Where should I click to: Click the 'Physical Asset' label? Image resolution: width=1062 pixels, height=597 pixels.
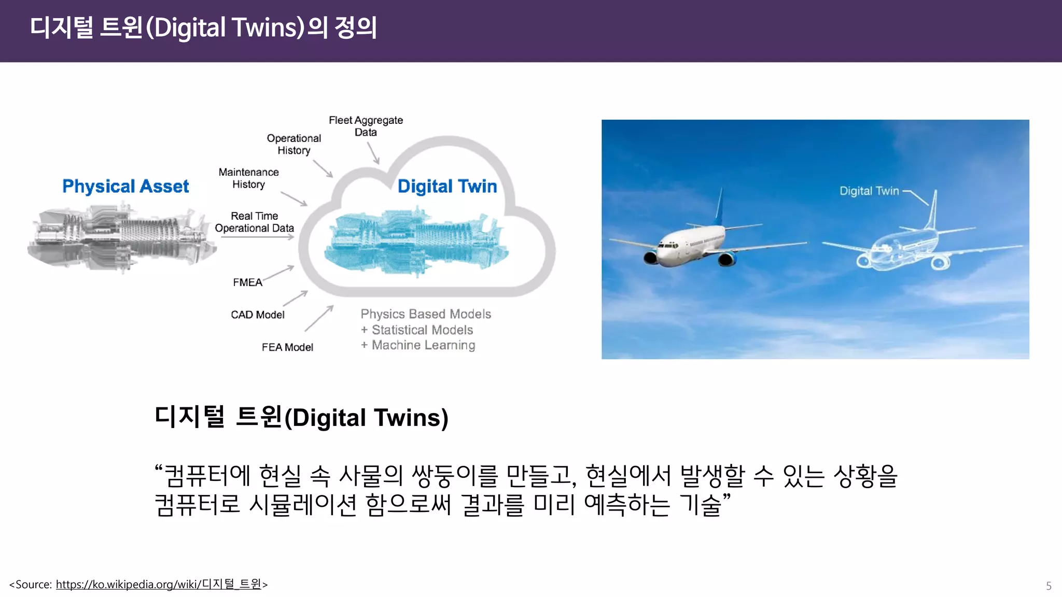tap(125, 186)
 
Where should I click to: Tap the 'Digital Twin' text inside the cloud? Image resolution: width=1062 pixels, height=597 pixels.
tap(447, 186)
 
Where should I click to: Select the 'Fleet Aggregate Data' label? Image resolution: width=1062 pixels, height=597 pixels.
tap(366, 126)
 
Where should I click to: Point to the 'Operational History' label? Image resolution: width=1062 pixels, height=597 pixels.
tap(294, 144)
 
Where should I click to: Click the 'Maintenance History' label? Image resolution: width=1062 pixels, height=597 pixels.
tap(248, 178)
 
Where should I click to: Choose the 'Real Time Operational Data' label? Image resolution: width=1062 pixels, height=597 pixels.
tap(254, 222)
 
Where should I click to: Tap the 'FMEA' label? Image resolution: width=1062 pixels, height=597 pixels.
tap(247, 282)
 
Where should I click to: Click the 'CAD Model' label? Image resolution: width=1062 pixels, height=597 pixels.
tap(258, 315)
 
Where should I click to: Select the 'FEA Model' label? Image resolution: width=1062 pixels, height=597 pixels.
tap(287, 347)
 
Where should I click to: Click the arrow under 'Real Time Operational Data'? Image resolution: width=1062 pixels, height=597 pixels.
tap(257, 237)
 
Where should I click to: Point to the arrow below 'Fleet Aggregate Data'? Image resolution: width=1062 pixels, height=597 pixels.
tap(373, 153)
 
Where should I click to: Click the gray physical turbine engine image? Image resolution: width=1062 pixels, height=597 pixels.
tap(122, 238)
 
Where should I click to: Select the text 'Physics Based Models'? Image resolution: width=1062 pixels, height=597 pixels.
tap(426, 314)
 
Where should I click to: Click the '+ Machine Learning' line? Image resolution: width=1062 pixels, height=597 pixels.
tap(418, 345)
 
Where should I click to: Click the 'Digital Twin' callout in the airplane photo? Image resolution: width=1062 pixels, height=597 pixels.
tap(869, 191)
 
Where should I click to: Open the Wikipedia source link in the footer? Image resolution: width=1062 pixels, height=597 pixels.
tap(158, 585)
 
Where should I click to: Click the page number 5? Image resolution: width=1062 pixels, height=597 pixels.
tap(1049, 586)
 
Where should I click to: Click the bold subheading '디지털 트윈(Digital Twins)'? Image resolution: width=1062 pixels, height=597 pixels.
tap(301, 417)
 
